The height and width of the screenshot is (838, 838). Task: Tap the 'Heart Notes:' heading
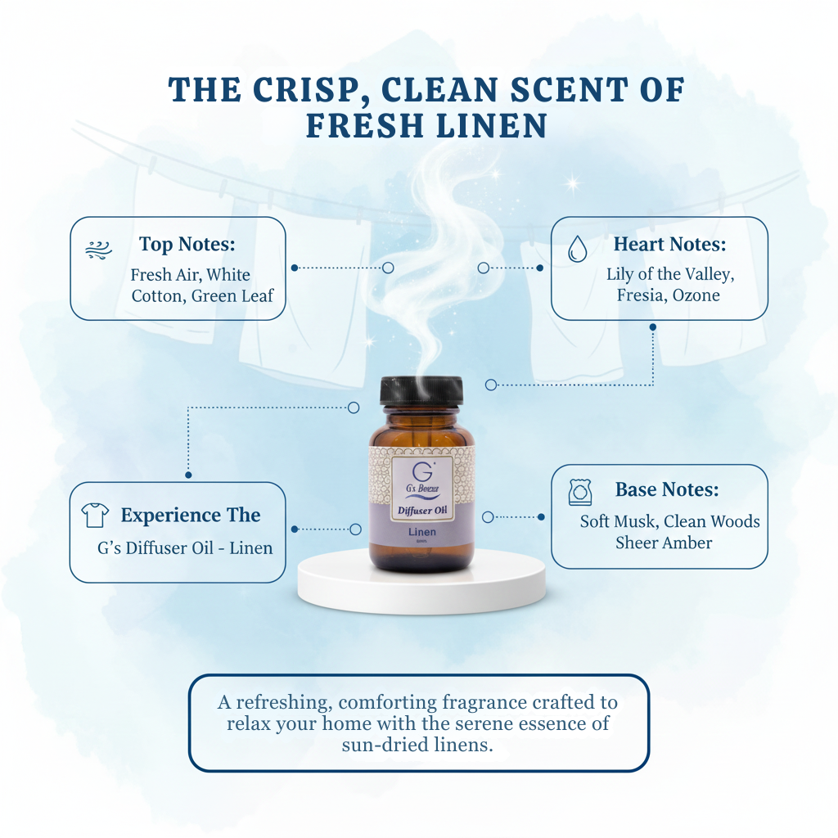[669, 244]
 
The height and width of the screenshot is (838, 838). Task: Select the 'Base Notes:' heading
[667, 489]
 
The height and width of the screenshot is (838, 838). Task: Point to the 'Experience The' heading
[190, 515]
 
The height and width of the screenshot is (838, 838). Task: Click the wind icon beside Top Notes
[99, 249]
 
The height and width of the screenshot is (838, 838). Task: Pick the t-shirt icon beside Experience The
[95, 516]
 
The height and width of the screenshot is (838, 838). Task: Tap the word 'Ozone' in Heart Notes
[696, 295]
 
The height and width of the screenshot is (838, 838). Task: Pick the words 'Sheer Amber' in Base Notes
[664, 543]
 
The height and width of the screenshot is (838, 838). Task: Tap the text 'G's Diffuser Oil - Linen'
[185, 548]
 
